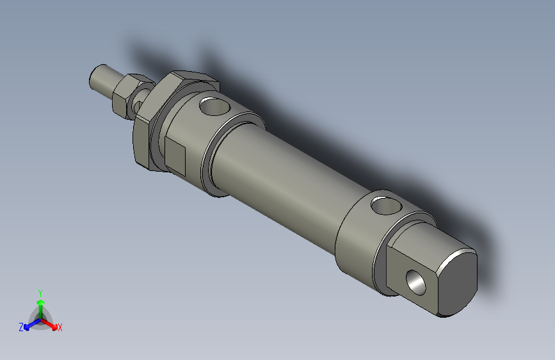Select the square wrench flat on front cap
point(175,158)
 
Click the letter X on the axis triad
point(60,328)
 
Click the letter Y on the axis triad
point(40,292)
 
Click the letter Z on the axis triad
point(21,327)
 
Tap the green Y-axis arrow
point(40,304)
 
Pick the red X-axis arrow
point(51,324)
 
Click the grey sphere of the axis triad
point(40,319)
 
